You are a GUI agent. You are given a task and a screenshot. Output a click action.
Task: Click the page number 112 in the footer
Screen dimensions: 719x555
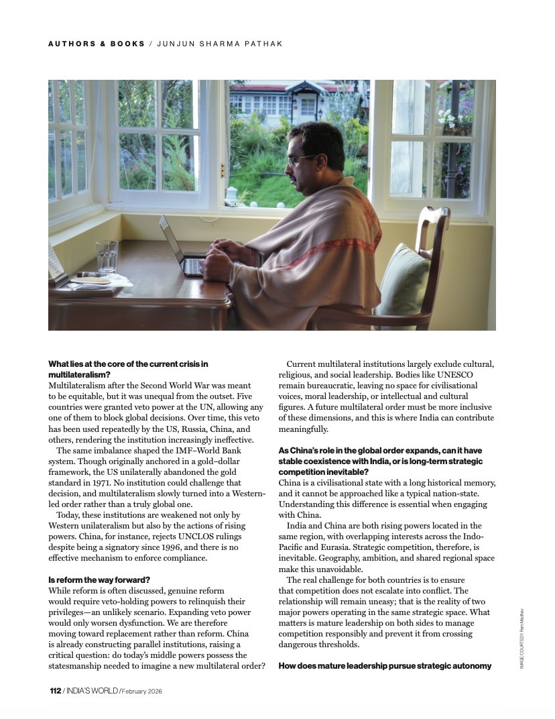[55, 690]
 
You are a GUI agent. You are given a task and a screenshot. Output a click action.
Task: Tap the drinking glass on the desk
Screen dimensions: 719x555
[107, 256]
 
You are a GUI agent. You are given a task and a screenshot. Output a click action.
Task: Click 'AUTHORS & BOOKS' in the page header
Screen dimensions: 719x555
[97, 44]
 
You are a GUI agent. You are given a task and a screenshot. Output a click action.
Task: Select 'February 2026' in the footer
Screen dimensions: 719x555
[142, 690]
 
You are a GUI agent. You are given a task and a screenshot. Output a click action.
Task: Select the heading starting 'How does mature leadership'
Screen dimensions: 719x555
[385, 666]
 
